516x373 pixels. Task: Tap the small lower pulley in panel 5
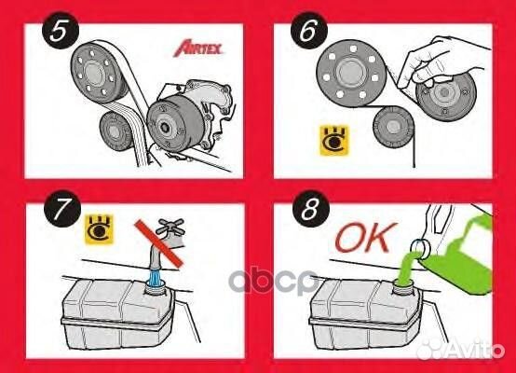click(116, 131)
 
